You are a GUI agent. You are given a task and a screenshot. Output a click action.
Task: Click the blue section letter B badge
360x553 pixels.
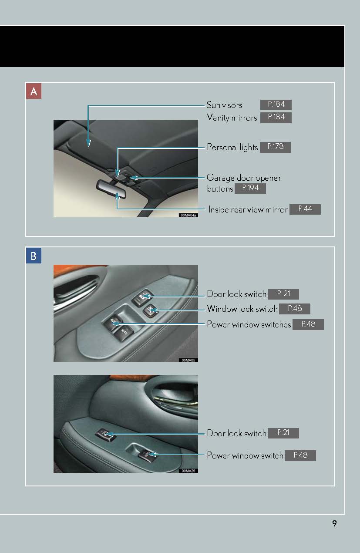point(34,255)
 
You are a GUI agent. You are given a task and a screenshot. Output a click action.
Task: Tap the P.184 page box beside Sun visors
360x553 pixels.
point(276,105)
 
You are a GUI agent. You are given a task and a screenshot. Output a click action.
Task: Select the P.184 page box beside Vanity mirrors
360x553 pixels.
point(276,117)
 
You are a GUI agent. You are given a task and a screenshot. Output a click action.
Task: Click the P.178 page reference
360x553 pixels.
point(275,147)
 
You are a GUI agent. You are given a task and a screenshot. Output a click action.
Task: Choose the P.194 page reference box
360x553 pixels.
point(250,188)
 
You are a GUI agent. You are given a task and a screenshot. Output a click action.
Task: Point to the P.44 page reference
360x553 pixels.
point(305,209)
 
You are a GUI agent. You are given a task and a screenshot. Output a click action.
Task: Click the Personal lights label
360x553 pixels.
point(232,148)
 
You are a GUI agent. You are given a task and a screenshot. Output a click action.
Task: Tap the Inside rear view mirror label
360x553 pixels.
point(248,209)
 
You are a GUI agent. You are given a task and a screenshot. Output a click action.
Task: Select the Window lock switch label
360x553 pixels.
point(242,309)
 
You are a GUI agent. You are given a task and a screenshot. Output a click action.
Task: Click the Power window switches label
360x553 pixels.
point(249,324)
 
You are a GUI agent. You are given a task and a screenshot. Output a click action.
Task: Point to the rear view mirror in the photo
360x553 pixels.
point(111,189)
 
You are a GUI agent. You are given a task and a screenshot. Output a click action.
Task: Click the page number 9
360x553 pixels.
point(334,523)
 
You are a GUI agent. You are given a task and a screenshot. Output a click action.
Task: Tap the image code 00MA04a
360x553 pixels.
point(188,215)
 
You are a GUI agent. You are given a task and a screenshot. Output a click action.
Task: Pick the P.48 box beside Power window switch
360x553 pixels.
point(300,455)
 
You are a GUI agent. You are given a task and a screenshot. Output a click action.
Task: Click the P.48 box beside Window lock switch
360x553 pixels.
point(295,309)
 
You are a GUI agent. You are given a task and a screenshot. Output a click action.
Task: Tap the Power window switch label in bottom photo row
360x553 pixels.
point(245,456)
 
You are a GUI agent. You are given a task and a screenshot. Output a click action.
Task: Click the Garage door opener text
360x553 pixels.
point(244,178)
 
